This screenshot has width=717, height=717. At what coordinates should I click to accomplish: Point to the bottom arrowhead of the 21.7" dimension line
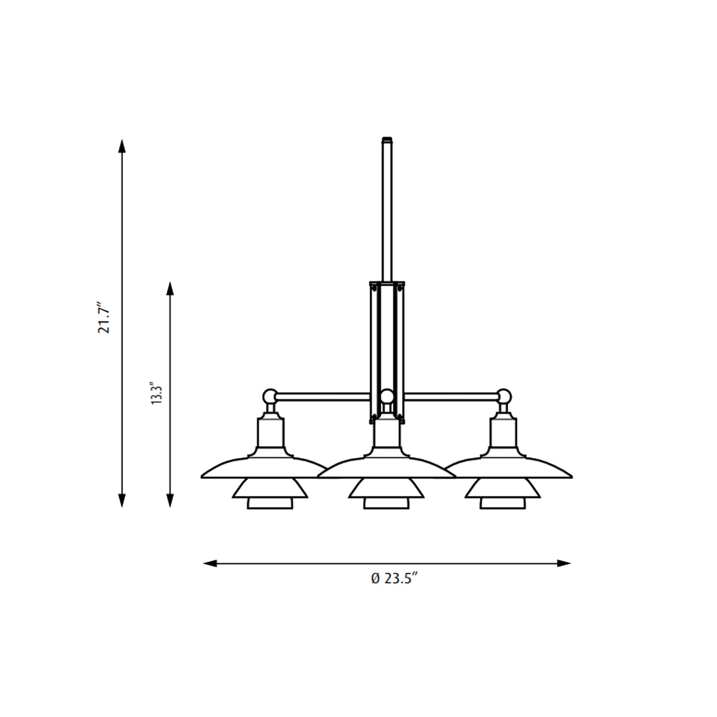(122, 501)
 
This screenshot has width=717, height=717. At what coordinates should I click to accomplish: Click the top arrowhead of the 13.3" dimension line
(170, 288)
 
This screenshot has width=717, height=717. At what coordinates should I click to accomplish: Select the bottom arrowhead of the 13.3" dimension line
(170, 501)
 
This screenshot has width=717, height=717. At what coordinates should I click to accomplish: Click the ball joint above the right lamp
(504, 396)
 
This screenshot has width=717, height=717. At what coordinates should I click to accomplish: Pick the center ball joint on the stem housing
(387, 396)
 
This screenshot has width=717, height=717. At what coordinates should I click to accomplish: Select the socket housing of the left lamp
(270, 433)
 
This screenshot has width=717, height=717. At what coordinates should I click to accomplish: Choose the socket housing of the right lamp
(504, 433)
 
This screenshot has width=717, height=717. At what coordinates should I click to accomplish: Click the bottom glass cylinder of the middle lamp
(387, 503)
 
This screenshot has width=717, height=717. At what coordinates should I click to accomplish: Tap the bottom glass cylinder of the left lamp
(270, 503)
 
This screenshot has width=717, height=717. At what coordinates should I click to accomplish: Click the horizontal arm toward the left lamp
(323, 396)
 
